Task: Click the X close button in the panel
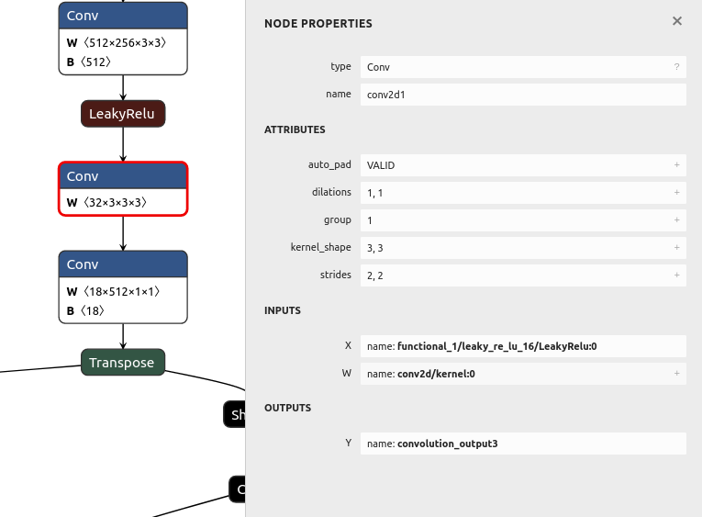click(677, 21)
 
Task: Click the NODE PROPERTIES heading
click(318, 23)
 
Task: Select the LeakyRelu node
click(123, 114)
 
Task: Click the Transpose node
click(123, 363)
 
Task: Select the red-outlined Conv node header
click(123, 176)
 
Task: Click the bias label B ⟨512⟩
click(90, 62)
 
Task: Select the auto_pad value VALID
click(381, 165)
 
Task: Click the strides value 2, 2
click(375, 275)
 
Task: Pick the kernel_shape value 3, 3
click(375, 248)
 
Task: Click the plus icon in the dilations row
click(676, 193)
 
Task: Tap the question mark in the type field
click(676, 67)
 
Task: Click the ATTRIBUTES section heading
click(295, 130)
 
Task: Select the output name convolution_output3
click(447, 444)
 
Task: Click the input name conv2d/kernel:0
click(436, 374)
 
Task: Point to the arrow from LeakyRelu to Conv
click(123, 144)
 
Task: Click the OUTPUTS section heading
click(287, 408)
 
